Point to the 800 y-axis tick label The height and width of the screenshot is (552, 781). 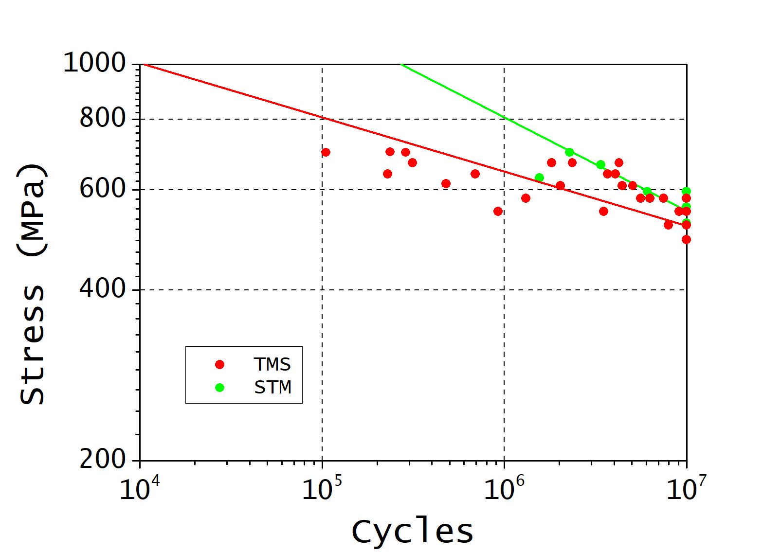[103, 118]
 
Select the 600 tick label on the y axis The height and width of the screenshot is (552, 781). [103, 189]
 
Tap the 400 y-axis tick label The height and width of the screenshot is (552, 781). [103, 289]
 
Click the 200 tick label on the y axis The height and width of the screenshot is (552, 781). [103, 459]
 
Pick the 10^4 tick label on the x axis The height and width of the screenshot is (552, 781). [139, 488]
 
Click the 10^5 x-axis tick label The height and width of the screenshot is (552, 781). [322, 488]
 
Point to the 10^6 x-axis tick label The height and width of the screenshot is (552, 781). [504, 488]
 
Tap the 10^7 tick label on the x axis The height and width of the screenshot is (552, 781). [686, 488]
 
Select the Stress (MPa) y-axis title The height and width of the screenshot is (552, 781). [32, 284]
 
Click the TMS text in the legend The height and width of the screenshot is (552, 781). [272, 364]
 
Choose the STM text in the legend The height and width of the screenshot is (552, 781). [272, 388]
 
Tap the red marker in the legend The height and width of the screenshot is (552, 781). [219, 364]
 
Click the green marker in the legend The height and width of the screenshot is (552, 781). [219, 388]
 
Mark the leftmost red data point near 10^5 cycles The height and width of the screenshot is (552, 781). [326, 152]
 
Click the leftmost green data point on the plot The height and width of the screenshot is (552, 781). [539, 178]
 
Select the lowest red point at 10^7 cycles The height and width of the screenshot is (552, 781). [686, 239]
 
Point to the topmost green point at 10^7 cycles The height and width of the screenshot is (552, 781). [686, 191]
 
